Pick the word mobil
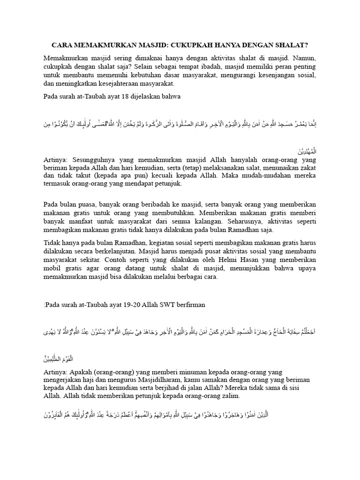(x=52, y=269)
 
